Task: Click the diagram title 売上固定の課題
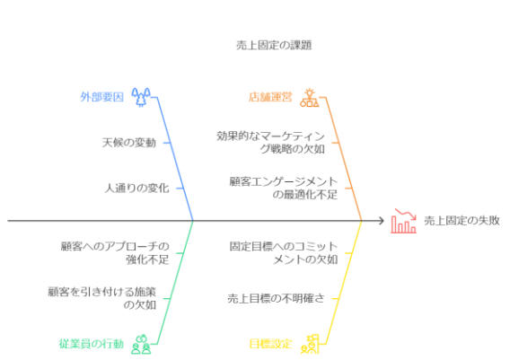(274, 45)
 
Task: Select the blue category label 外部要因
(102, 97)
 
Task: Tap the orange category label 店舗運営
(270, 97)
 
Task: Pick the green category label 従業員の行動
(92, 344)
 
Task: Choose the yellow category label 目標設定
(270, 344)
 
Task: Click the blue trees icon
(141, 97)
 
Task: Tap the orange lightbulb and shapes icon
(309, 97)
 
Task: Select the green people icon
(141, 344)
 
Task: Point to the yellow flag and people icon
(310, 344)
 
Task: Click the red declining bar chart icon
(403, 221)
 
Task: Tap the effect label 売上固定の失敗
(462, 221)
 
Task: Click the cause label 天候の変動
(129, 143)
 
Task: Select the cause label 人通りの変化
(137, 188)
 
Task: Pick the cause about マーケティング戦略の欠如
(270, 143)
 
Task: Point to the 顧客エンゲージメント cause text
(284, 188)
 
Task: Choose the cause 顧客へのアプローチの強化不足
(115, 253)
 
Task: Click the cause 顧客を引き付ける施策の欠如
(102, 299)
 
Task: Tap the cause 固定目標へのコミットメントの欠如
(284, 253)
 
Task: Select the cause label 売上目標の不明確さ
(276, 299)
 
